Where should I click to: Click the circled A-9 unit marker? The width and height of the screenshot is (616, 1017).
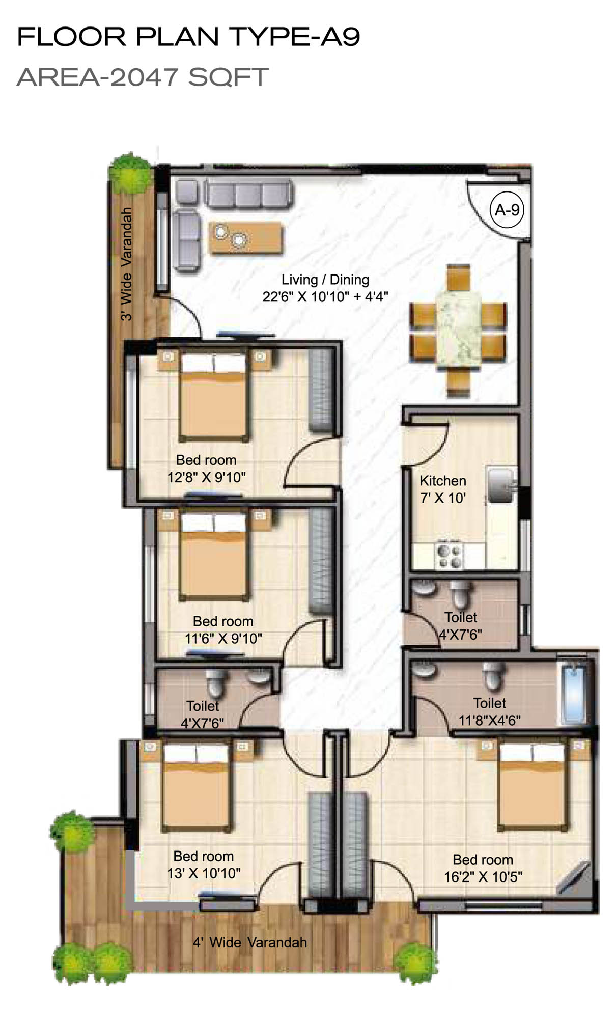(x=507, y=209)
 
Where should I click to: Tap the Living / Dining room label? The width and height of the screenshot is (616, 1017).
(x=325, y=280)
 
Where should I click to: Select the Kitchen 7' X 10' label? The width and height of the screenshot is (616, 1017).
(x=443, y=489)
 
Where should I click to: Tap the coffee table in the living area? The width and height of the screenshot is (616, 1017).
(x=245, y=237)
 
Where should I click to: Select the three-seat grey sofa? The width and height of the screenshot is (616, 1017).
(x=248, y=194)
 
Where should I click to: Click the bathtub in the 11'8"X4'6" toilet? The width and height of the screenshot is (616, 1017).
(x=573, y=693)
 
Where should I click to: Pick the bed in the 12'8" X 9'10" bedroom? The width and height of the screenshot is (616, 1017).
(x=214, y=396)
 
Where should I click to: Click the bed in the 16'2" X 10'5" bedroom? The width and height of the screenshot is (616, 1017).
(x=533, y=785)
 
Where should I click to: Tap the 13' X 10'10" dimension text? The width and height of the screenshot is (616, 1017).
(x=204, y=873)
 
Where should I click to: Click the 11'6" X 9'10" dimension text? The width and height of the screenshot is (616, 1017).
(x=223, y=638)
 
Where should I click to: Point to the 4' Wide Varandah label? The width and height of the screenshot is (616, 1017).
(x=249, y=942)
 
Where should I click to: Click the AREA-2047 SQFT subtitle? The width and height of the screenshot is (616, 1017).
(x=143, y=77)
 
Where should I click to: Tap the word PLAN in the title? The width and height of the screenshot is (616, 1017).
(x=177, y=37)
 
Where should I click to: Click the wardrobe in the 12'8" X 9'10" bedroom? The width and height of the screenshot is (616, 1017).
(x=321, y=391)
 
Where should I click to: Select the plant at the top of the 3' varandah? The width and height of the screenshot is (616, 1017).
(x=131, y=173)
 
